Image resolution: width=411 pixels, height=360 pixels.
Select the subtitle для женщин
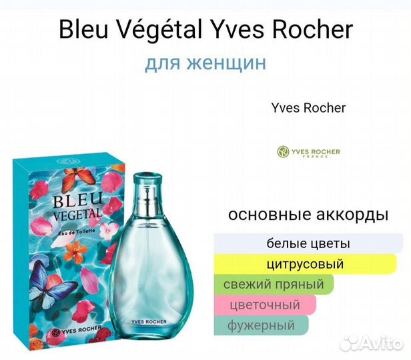[x=205, y=63]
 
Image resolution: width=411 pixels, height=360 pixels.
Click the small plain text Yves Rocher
[x=308, y=107]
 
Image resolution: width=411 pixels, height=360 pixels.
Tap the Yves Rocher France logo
[x=308, y=153]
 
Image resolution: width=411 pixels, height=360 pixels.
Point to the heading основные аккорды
[x=308, y=215]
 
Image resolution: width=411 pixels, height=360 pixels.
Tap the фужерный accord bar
[x=262, y=326]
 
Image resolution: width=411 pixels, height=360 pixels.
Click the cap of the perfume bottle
[x=147, y=180]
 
